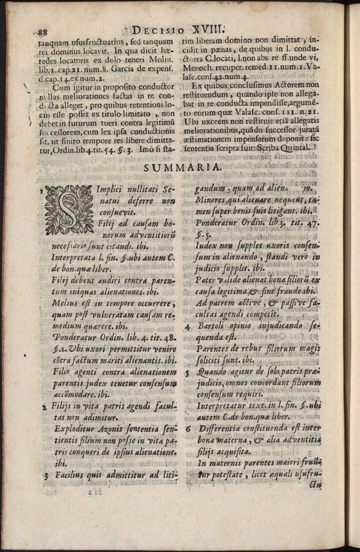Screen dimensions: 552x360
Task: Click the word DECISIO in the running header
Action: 159,31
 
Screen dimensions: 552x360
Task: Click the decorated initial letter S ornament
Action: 67,210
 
